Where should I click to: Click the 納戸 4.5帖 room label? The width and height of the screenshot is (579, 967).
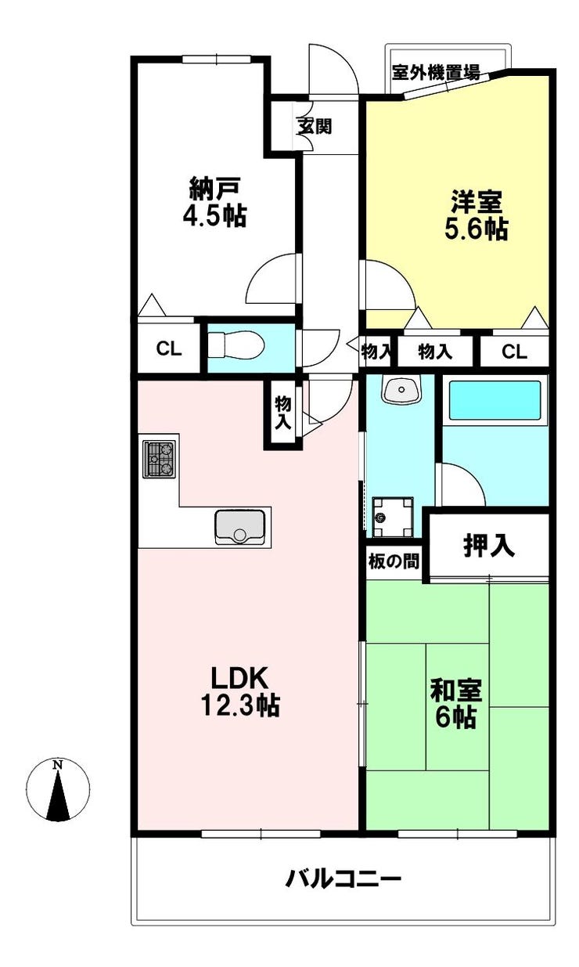(215, 202)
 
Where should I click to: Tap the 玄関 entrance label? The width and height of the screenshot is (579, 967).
(315, 126)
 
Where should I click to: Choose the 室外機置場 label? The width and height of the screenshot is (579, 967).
(436, 72)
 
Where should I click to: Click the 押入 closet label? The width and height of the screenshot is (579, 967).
(489, 546)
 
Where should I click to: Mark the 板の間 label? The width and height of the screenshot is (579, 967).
(394, 561)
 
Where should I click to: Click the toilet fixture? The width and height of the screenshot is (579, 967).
(236, 344)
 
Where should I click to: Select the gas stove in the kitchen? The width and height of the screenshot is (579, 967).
(160, 460)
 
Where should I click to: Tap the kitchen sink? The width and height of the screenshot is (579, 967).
(240, 526)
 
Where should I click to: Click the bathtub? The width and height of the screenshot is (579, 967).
(494, 400)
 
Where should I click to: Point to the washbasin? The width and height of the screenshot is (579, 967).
(401, 390)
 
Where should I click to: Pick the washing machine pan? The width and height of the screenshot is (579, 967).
(393, 518)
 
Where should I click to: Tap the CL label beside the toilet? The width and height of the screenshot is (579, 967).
(169, 348)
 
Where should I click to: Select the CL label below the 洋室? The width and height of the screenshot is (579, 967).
(514, 352)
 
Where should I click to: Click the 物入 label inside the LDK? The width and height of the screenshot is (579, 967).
(283, 413)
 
